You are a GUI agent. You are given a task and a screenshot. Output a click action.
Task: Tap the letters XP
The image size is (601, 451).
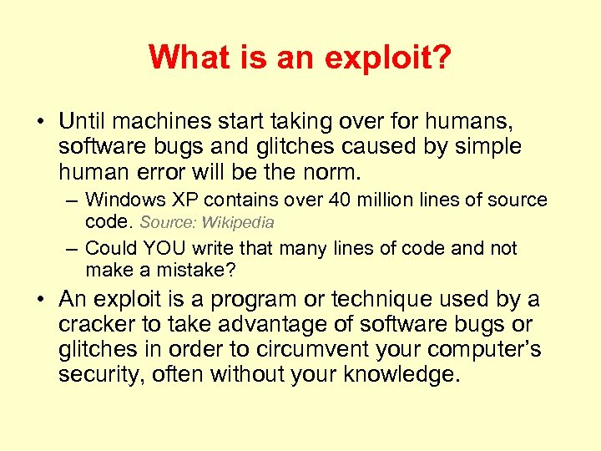(x=179, y=200)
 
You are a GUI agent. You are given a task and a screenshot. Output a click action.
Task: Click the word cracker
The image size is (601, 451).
(x=93, y=324)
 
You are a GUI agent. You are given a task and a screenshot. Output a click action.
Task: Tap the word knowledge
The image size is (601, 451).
(x=396, y=374)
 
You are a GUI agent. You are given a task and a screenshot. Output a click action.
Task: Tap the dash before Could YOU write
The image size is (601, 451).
(x=73, y=248)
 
